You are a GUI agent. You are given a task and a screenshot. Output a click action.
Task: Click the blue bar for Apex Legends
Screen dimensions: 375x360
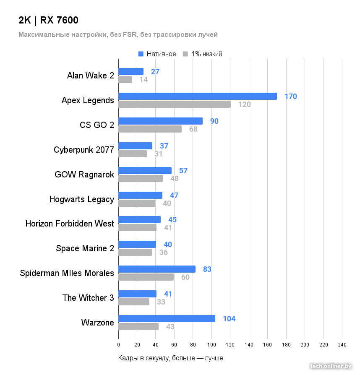(x=197, y=96)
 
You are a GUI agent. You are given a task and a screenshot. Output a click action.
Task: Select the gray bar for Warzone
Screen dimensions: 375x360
(x=138, y=326)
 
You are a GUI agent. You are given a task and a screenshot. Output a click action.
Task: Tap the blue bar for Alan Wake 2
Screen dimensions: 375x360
(x=131, y=72)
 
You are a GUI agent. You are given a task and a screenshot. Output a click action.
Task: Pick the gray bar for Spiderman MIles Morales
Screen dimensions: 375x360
(x=146, y=277)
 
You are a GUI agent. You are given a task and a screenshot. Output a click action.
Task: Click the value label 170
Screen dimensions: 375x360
(x=290, y=96)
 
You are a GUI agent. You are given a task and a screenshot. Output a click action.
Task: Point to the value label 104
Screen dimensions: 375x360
(x=229, y=319)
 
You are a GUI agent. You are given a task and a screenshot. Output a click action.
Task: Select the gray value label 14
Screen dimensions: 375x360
(x=143, y=80)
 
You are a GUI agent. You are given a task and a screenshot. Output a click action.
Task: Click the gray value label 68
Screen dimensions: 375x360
(x=193, y=129)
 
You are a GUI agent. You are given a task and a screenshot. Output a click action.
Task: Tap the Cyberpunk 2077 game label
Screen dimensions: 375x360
(x=84, y=150)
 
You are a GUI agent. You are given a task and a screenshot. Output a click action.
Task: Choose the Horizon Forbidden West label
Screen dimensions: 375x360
(x=70, y=224)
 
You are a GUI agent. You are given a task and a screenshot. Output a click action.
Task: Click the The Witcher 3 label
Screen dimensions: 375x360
(x=88, y=298)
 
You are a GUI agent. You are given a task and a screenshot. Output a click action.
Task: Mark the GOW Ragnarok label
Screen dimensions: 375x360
(x=84, y=174)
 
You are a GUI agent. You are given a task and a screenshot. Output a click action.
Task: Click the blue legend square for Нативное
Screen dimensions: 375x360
(x=141, y=54)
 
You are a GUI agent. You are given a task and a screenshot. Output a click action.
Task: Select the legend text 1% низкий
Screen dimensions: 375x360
(x=206, y=54)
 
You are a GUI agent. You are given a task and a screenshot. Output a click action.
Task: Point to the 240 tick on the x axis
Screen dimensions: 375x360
(x=342, y=344)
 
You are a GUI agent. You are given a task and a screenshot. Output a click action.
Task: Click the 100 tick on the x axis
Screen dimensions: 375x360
(x=211, y=344)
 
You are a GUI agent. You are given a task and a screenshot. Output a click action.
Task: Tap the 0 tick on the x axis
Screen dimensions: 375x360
(x=118, y=344)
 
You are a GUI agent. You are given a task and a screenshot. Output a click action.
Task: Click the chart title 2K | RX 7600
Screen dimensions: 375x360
(x=48, y=20)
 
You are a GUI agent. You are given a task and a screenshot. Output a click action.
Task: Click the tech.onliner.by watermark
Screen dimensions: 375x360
(x=331, y=366)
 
